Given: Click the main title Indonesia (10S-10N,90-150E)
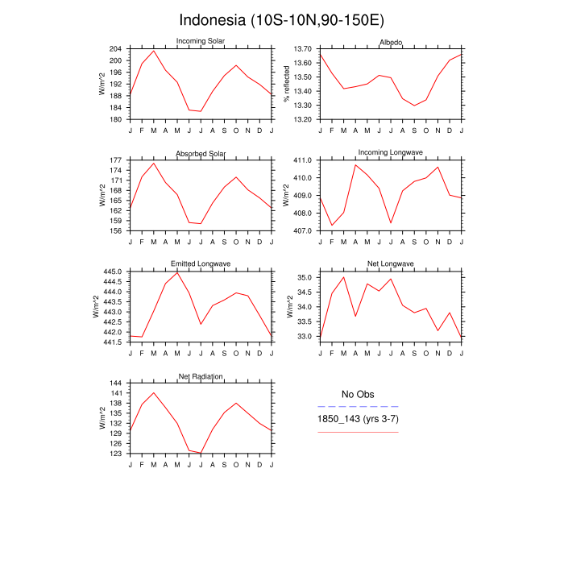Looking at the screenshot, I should click(x=281, y=19).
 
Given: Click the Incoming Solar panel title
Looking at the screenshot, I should click(x=201, y=42).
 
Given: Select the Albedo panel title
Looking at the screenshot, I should click(x=391, y=42).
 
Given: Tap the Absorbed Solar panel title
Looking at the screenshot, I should click(x=201, y=154).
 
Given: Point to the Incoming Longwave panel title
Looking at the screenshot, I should click(x=391, y=153).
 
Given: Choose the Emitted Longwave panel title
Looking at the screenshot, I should click(x=201, y=264).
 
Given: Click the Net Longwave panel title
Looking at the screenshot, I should click(x=391, y=264).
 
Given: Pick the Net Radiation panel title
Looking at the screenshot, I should click(x=201, y=376).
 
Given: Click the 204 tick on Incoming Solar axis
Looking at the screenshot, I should click(x=114, y=49).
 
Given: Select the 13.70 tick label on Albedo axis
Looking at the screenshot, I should click(x=303, y=49).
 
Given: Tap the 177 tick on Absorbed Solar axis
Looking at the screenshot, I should click(x=114, y=160).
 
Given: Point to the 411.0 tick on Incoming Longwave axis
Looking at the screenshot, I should click(x=303, y=160).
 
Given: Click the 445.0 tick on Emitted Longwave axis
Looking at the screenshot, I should click(x=113, y=272).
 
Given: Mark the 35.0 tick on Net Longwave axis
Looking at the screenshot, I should click(x=305, y=277).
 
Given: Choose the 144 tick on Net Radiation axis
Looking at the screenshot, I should click(x=114, y=383).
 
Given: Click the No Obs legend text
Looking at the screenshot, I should click(x=358, y=394).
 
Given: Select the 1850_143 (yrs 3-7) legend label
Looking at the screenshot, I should click(x=358, y=420).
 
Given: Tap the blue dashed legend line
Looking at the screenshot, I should click(x=358, y=407).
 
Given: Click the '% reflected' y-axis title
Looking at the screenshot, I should click(x=287, y=84).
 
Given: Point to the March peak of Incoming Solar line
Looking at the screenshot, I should click(x=154, y=51).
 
